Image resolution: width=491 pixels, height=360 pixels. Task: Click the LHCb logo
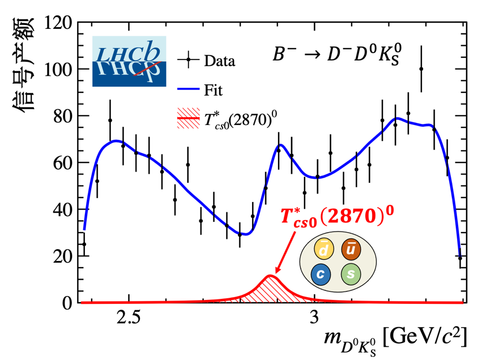tap(129, 61)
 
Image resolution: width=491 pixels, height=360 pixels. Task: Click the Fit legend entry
tap(204, 89)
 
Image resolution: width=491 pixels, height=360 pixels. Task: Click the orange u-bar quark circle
tap(352, 250)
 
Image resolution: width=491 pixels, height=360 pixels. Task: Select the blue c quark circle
tap(321, 276)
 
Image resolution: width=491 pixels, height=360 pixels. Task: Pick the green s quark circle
tap(351, 276)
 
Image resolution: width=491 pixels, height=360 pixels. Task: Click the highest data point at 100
tap(421, 69)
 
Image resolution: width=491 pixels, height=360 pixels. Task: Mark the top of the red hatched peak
tap(271, 276)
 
